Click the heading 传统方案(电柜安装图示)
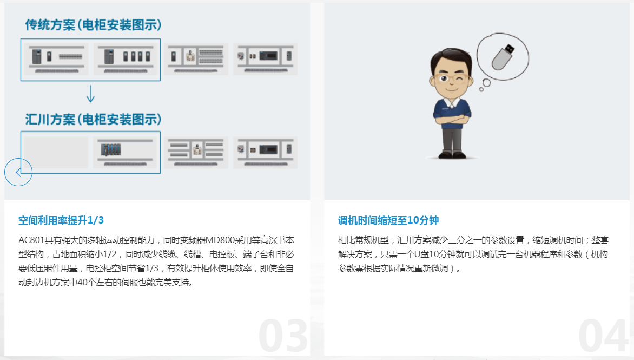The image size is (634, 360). [94, 25]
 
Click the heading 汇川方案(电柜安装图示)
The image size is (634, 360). [94, 119]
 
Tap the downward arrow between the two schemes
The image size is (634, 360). [90, 94]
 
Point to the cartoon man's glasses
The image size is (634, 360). [452, 77]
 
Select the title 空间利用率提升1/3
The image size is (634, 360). [61, 220]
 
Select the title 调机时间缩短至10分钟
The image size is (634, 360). [388, 220]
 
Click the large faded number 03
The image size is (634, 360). [283, 336]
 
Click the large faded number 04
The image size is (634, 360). [603, 336]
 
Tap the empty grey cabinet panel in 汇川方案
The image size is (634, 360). [56, 152]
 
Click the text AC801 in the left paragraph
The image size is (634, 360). [31, 240]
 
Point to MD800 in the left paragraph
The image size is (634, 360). [220, 240]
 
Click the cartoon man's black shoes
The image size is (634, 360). [453, 154]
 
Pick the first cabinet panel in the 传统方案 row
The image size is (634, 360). [56, 59]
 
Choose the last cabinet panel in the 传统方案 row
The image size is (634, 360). [265, 59]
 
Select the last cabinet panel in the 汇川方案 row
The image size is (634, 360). [265, 152]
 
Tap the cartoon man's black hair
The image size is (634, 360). [451, 57]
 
